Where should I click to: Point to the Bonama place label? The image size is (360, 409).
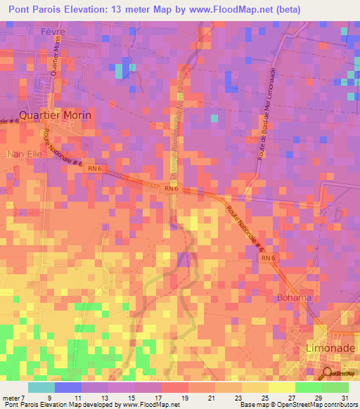(x=294, y=297)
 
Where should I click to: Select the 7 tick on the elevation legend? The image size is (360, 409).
(x=23, y=398)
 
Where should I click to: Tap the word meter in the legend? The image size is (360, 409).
(x=11, y=398)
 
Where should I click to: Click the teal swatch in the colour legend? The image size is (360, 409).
(x=41, y=387)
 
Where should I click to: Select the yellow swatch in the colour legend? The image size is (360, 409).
(x=281, y=387)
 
